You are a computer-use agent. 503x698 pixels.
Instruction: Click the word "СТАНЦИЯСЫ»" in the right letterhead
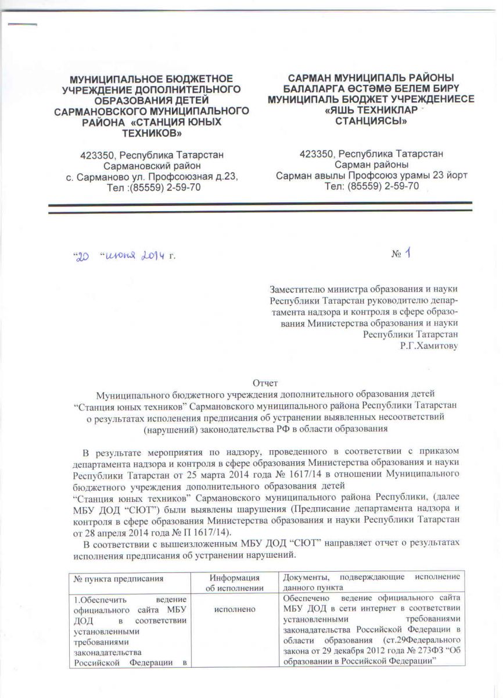pos(372,122)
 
